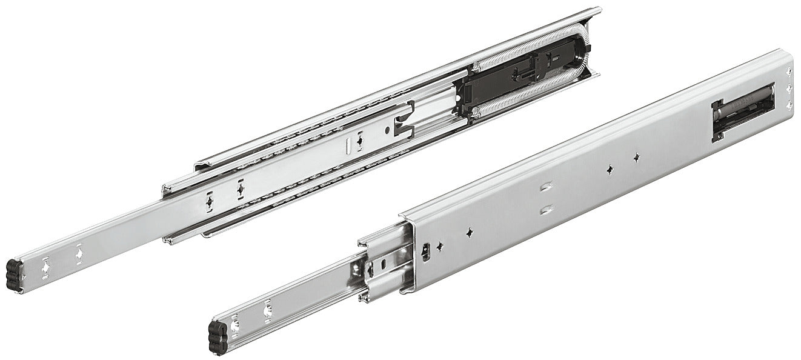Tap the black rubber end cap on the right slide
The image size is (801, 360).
tap(218, 336)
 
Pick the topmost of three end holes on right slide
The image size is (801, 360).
tap(788, 72)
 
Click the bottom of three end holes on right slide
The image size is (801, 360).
tap(788, 105)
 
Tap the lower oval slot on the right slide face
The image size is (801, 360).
tap(547, 210)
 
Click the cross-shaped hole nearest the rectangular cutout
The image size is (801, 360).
tap(637, 158)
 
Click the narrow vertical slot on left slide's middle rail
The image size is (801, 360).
tap(348, 146)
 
